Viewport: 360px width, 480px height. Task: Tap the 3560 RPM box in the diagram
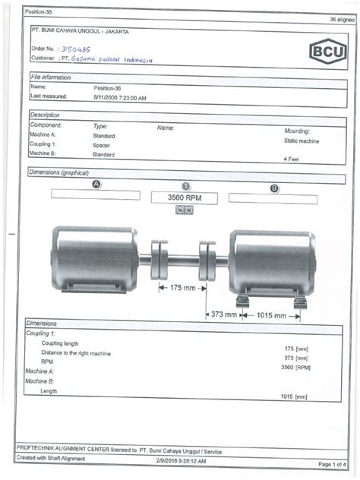point(186,197)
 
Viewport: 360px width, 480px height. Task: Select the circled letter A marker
point(96,185)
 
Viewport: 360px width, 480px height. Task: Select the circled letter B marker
point(273,186)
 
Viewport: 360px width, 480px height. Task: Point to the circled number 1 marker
point(186,186)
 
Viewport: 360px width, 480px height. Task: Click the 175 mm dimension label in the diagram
point(183,289)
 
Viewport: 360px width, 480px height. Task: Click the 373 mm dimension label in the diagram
point(224,314)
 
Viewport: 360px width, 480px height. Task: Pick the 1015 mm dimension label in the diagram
point(271,314)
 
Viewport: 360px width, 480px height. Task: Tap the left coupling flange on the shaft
point(159,260)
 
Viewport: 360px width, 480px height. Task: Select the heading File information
point(51,77)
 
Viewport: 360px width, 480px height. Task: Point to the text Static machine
point(302,141)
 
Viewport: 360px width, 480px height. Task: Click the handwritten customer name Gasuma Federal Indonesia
point(112,57)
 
